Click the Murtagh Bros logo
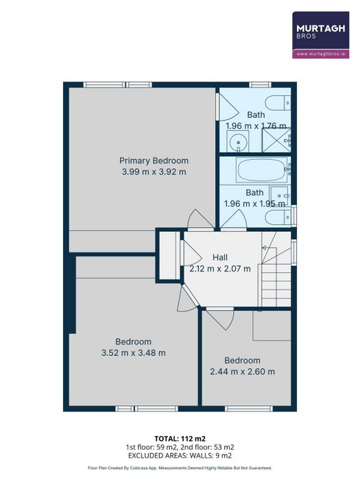[321, 35]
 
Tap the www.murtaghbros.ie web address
[321, 54]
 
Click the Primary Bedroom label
[154, 160]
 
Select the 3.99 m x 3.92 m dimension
[154, 171]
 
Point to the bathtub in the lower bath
[263, 171]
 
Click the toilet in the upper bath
[278, 103]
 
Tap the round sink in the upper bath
[238, 142]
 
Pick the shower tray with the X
[276, 141]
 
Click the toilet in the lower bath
[278, 217]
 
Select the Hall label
[220, 257]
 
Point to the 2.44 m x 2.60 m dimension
[242, 372]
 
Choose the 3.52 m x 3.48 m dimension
[134, 352]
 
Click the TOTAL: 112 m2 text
[178, 439]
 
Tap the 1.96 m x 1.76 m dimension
[256, 125]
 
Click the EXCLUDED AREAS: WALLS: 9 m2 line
[180, 455]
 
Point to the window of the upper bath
[260, 85]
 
